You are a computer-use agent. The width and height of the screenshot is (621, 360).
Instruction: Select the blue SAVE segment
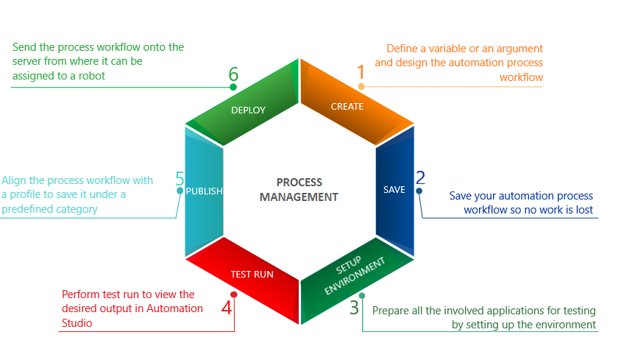tap(394, 190)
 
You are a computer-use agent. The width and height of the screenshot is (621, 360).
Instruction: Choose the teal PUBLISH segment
tap(204, 190)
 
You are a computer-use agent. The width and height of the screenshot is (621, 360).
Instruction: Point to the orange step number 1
tap(361, 71)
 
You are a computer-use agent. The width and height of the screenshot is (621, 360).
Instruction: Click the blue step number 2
tap(420, 177)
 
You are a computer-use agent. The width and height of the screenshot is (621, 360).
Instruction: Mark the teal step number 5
tap(180, 178)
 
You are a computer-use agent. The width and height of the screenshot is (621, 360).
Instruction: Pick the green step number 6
tap(233, 74)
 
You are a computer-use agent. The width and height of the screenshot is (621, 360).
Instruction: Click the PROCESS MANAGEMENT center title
tap(299, 189)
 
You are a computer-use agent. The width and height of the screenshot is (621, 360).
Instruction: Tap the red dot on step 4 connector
tap(234, 294)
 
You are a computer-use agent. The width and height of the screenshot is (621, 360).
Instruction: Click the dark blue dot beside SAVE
tap(419, 191)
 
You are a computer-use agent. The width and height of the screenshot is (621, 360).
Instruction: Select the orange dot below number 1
tap(361, 87)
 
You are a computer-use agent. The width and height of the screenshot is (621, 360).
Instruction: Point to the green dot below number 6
tap(233, 87)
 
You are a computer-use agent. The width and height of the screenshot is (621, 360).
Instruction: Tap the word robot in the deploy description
tap(91, 75)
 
